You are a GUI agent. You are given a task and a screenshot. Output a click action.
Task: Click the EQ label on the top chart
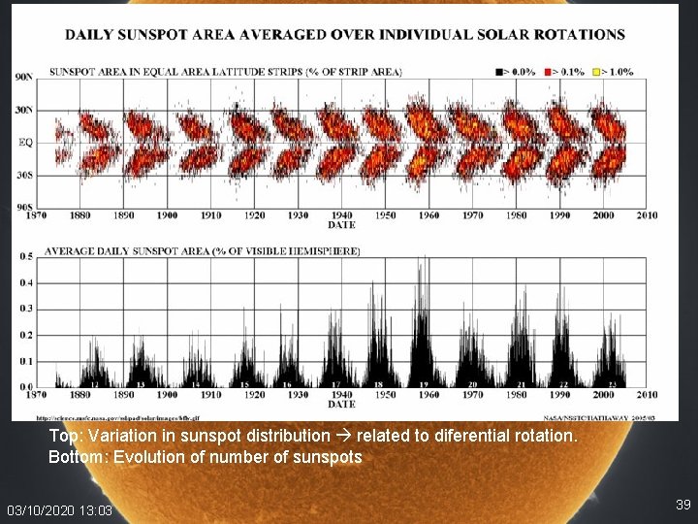coord(26,143)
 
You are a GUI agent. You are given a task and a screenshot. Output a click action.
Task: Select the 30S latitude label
coord(24,176)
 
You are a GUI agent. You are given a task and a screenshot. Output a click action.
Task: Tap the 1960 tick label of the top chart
coord(428,214)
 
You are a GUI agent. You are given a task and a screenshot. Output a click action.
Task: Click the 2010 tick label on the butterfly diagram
coord(647,214)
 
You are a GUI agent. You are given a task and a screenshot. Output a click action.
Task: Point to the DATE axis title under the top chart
coord(341,225)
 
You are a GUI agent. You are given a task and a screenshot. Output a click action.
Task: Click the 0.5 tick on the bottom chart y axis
coord(26,257)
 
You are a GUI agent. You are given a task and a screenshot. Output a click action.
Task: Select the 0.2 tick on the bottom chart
coord(26,336)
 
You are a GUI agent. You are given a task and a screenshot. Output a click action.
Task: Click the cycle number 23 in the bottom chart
coord(611,384)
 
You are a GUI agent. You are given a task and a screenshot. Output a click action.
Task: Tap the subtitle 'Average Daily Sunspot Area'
coord(203,250)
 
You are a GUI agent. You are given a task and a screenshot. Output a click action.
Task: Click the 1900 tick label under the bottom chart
coord(167,395)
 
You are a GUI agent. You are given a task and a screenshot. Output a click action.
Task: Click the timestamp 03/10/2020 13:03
coord(59,510)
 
